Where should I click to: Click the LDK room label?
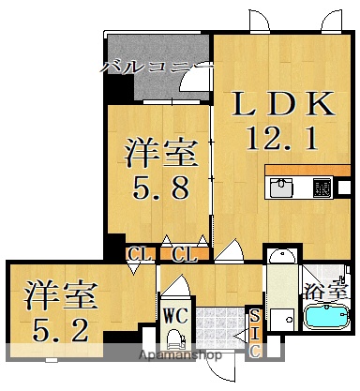[x=277, y=105]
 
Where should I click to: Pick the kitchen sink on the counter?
[x=281, y=188]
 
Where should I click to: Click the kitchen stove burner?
[x=321, y=188]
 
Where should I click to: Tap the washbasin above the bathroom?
[x=278, y=257]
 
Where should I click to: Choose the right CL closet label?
[x=184, y=253]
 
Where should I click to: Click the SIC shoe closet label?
[x=253, y=335]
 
